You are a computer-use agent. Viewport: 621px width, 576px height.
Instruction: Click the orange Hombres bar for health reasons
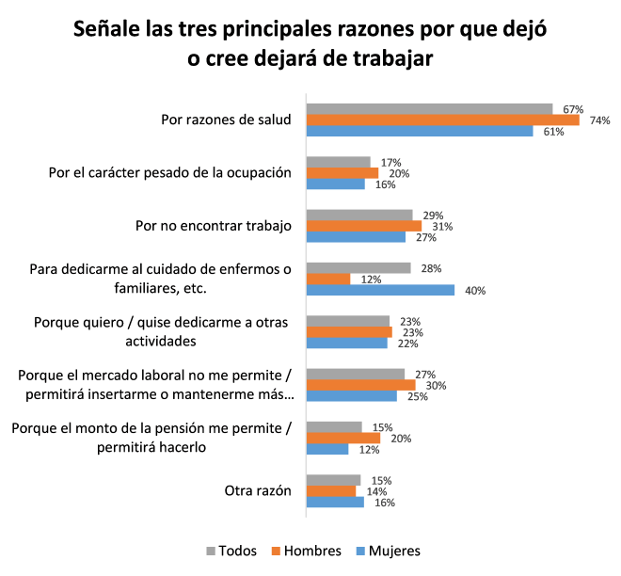pyautogui.click(x=443, y=120)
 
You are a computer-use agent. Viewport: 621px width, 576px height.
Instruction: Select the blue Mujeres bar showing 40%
pyautogui.click(x=381, y=290)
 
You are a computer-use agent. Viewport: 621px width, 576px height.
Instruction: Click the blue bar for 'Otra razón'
pyautogui.click(x=336, y=502)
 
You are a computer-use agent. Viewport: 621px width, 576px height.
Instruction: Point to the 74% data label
pyautogui.click(x=599, y=120)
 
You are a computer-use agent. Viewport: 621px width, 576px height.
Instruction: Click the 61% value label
pyautogui.click(x=553, y=132)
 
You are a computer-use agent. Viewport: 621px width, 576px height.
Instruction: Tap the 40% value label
pyautogui.click(x=475, y=291)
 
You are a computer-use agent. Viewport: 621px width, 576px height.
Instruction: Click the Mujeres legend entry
pyautogui.click(x=389, y=551)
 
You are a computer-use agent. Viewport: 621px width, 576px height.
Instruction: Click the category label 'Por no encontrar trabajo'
pyautogui.click(x=215, y=226)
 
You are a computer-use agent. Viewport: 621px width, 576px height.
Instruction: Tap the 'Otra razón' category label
pyautogui.click(x=258, y=490)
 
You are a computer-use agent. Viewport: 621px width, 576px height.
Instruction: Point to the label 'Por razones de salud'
pyautogui.click(x=227, y=120)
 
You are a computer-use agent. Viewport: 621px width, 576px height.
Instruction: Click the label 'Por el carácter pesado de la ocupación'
pyautogui.click(x=170, y=172)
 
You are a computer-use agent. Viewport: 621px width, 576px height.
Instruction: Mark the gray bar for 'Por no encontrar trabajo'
pyautogui.click(x=360, y=215)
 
